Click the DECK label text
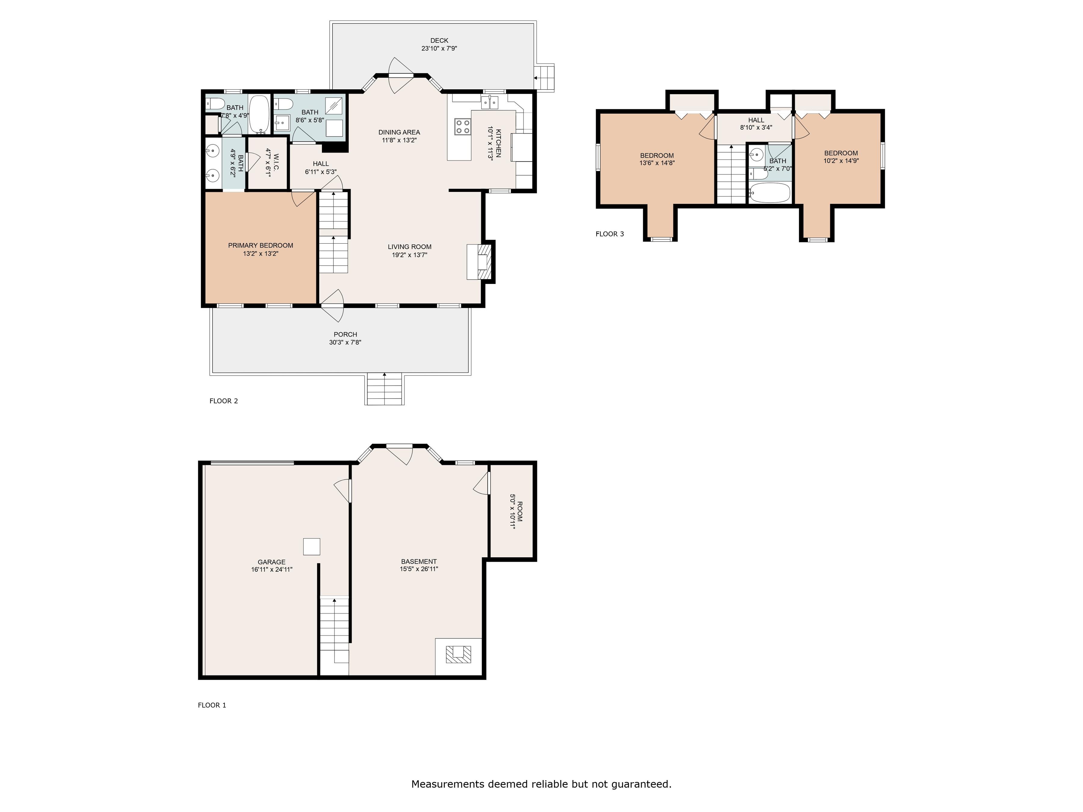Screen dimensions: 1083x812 (439, 41)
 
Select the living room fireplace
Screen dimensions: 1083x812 (479, 262)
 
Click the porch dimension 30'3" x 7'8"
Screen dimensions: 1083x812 (345, 343)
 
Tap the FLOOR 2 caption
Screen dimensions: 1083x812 (224, 401)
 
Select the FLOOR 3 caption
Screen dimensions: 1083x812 (609, 234)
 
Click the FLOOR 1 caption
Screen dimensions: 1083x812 (212, 705)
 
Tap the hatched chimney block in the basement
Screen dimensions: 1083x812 (458, 654)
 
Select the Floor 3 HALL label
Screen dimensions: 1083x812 (756, 120)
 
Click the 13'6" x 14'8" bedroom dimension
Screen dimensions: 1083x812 (657, 163)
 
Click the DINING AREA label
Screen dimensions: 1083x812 (399, 132)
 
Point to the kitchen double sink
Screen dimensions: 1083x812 (489, 102)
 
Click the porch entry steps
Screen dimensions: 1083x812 (384, 389)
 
